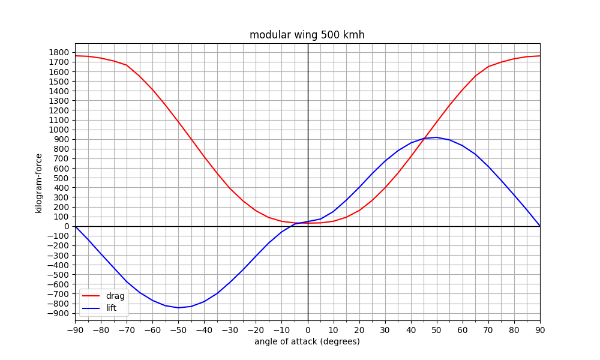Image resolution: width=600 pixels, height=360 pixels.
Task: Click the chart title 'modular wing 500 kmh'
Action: (307, 35)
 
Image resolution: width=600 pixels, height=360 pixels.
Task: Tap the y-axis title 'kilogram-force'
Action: (38, 183)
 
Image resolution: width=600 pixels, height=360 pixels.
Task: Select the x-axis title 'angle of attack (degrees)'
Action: (307, 341)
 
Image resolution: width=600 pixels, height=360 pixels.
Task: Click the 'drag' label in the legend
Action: (115, 296)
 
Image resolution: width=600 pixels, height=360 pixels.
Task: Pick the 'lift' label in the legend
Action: (111, 308)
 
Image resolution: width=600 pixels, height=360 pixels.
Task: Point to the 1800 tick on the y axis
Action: (59, 52)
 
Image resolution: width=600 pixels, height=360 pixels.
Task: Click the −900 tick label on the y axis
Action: (58, 313)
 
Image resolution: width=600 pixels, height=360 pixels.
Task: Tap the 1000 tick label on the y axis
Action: (59, 130)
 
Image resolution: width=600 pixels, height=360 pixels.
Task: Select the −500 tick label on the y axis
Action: (58, 275)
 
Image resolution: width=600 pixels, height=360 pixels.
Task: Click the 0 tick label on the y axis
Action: (67, 226)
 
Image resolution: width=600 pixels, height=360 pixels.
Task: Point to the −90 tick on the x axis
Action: (76, 330)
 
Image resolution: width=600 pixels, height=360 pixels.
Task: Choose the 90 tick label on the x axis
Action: (540, 330)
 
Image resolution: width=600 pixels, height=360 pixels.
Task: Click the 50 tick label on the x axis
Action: (437, 330)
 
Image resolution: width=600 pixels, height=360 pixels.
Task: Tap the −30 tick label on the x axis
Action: (230, 330)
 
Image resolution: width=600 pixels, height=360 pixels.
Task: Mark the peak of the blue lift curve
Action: (437, 137)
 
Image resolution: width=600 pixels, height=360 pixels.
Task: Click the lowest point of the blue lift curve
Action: (178, 308)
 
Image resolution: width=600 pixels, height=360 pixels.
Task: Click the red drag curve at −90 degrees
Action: (76, 56)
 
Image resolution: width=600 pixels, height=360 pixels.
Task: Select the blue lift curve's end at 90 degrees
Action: (540, 226)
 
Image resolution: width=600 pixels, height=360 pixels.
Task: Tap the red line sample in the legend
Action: (91, 296)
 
